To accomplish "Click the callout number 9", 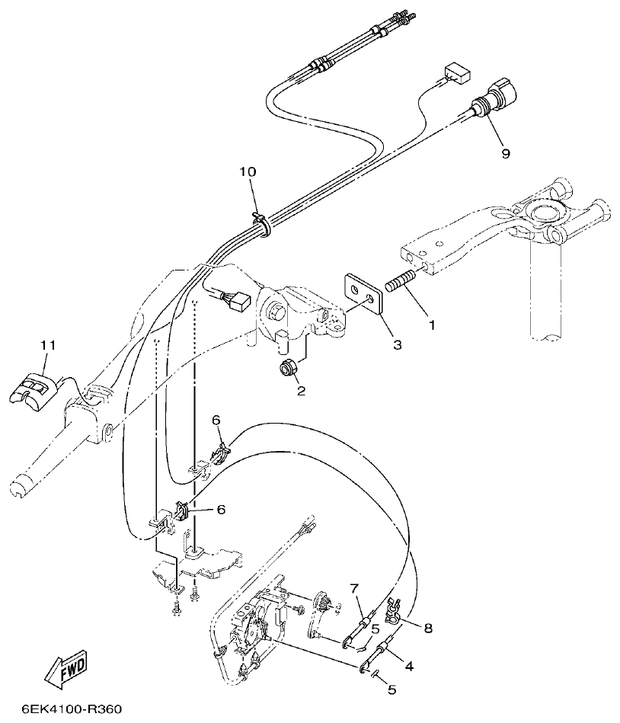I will pyautogui.click(x=506, y=153).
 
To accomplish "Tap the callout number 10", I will pyautogui.click(x=248, y=172).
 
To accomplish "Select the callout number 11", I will pyautogui.click(x=49, y=345).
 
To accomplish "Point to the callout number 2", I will pyautogui.click(x=300, y=391).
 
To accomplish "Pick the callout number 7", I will pyautogui.click(x=354, y=588).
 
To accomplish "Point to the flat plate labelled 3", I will pyautogui.click(x=362, y=293).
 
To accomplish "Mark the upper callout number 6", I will pyautogui.click(x=216, y=420).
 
